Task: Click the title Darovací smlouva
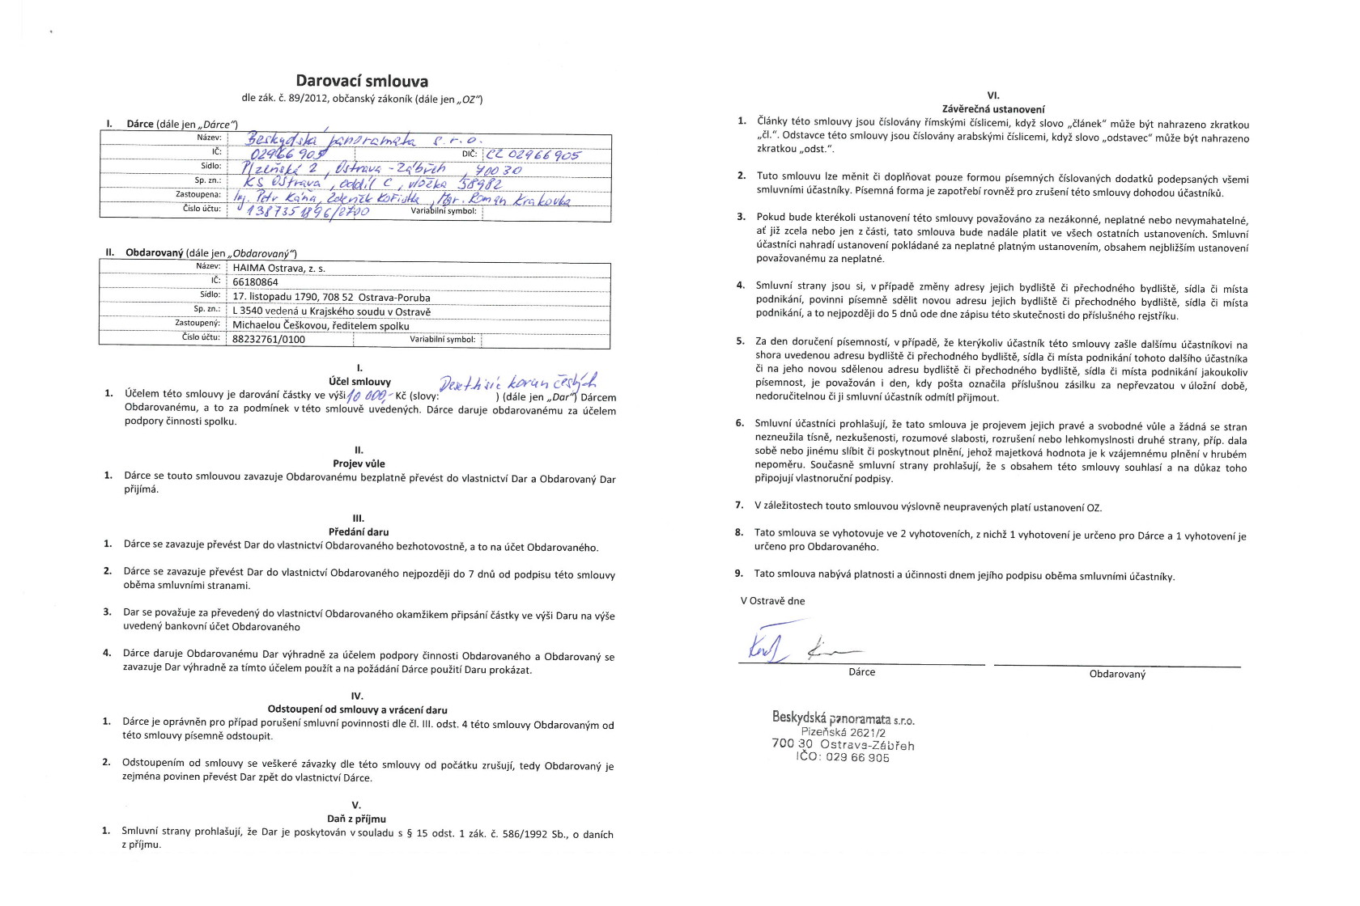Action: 362,81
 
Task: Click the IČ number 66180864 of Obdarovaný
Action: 255,282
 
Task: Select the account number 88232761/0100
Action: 269,340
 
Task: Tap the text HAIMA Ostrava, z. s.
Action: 279,269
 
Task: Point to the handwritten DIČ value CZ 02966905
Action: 533,155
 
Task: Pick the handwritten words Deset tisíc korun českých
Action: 517,383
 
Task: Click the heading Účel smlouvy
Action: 359,382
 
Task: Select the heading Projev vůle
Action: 359,464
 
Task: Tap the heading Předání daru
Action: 359,532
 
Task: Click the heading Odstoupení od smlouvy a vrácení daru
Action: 357,710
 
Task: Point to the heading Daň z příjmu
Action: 356,819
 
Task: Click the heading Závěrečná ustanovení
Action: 993,109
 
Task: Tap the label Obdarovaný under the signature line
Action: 1117,675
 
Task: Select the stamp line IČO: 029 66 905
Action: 843,758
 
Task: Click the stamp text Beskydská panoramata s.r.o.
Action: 843,718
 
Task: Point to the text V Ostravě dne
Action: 772,601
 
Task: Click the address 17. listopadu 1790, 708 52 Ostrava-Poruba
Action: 331,297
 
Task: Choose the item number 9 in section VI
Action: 738,574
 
